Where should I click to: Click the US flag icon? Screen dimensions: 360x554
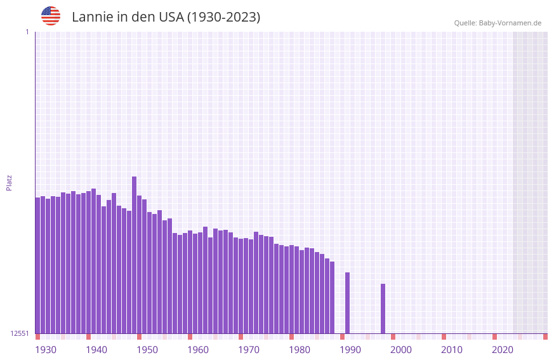coord(51,16)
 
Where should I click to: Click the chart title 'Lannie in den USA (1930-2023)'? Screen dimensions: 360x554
coord(166,17)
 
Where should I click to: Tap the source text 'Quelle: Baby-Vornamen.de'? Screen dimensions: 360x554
coord(498,23)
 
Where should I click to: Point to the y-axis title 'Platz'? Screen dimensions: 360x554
coord(9,182)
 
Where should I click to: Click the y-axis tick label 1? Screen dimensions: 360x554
coord(27,32)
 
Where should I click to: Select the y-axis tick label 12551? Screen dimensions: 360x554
coord(20,333)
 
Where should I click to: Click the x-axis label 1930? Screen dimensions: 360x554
coord(46,350)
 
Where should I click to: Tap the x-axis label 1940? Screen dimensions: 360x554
coord(96,350)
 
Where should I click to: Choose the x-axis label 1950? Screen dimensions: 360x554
coord(147,350)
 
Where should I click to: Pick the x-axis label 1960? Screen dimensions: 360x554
coord(198,350)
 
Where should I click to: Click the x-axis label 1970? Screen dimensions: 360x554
coord(249,350)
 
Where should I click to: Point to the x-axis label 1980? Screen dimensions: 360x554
coord(300,350)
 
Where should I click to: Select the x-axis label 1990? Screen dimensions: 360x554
coord(350,350)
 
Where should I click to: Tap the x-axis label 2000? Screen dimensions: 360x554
coord(401,350)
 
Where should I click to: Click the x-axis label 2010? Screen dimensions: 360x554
coord(452,350)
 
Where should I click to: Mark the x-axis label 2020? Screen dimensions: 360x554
coord(503,350)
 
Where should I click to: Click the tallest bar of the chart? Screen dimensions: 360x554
coord(135,254)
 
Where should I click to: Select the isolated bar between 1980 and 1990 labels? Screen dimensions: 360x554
coord(348,303)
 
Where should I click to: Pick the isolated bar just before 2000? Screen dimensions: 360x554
coord(383,309)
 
